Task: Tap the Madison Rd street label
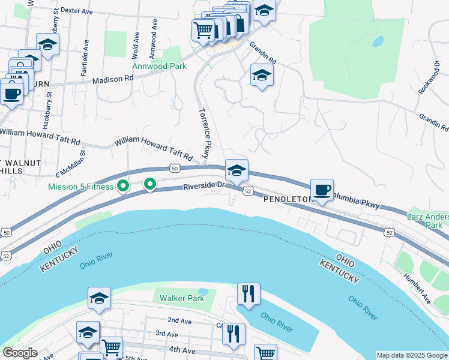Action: (113, 79)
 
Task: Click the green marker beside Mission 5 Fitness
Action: (123, 187)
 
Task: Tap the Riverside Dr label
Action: (203, 185)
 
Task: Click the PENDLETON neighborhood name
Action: (288, 199)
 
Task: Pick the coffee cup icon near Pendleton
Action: (322, 190)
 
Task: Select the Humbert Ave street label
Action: (420, 287)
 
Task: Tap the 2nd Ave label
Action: (179, 321)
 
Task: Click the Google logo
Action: (20, 353)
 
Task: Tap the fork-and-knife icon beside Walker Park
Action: (248, 294)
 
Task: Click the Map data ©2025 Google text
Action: (412, 355)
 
